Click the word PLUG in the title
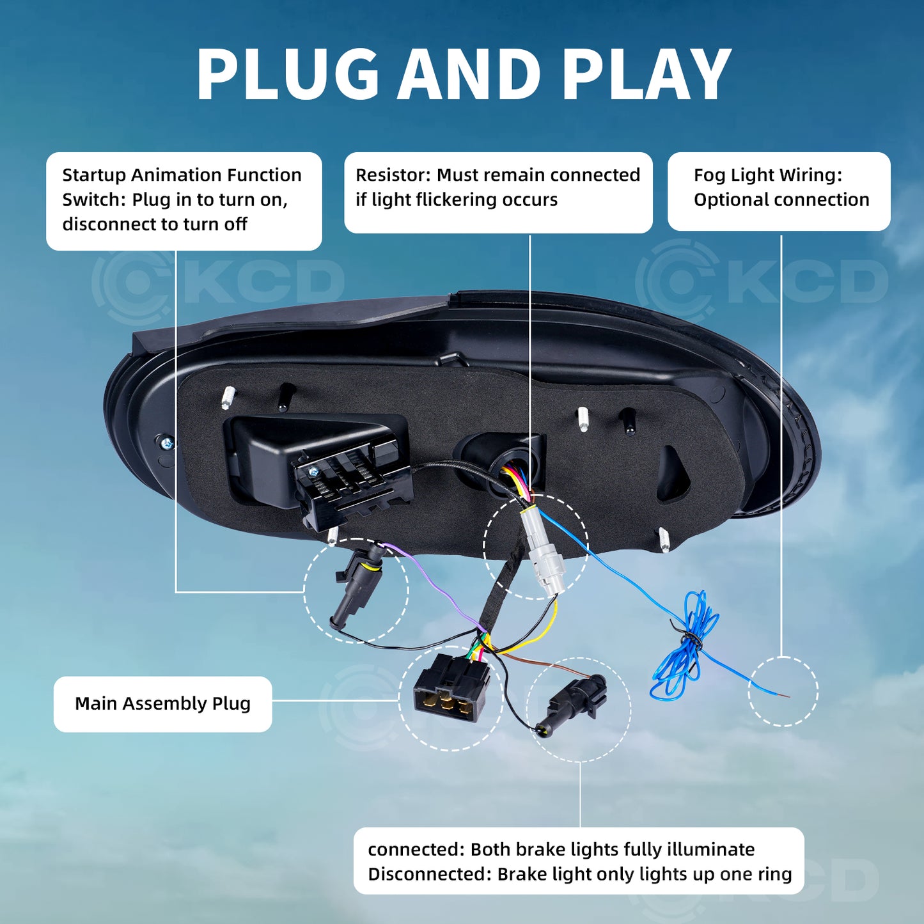pos(288,74)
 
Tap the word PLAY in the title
pos(646,74)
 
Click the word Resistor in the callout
pos(393,175)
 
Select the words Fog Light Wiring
pos(768,176)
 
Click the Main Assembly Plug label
pos(162,703)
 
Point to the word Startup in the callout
pos(94,176)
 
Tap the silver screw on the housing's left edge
pos(166,442)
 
